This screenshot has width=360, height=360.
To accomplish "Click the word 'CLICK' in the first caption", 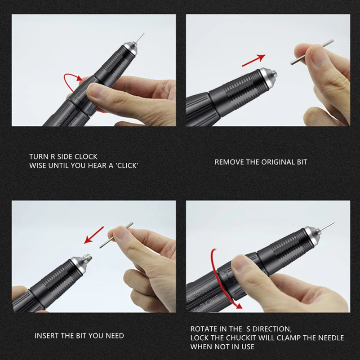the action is click(x=128, y=165).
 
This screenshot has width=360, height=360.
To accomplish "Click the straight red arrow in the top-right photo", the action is click(x=253, y=61).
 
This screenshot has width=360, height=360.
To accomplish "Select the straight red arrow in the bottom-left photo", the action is click(x=94, y=235).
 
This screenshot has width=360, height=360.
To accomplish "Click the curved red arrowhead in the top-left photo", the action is click(x=79, y=78).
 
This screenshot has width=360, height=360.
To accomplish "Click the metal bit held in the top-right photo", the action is click(x=312, y=52).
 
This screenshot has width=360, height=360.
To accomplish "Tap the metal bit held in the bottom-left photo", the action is click(x=116, y=235).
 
